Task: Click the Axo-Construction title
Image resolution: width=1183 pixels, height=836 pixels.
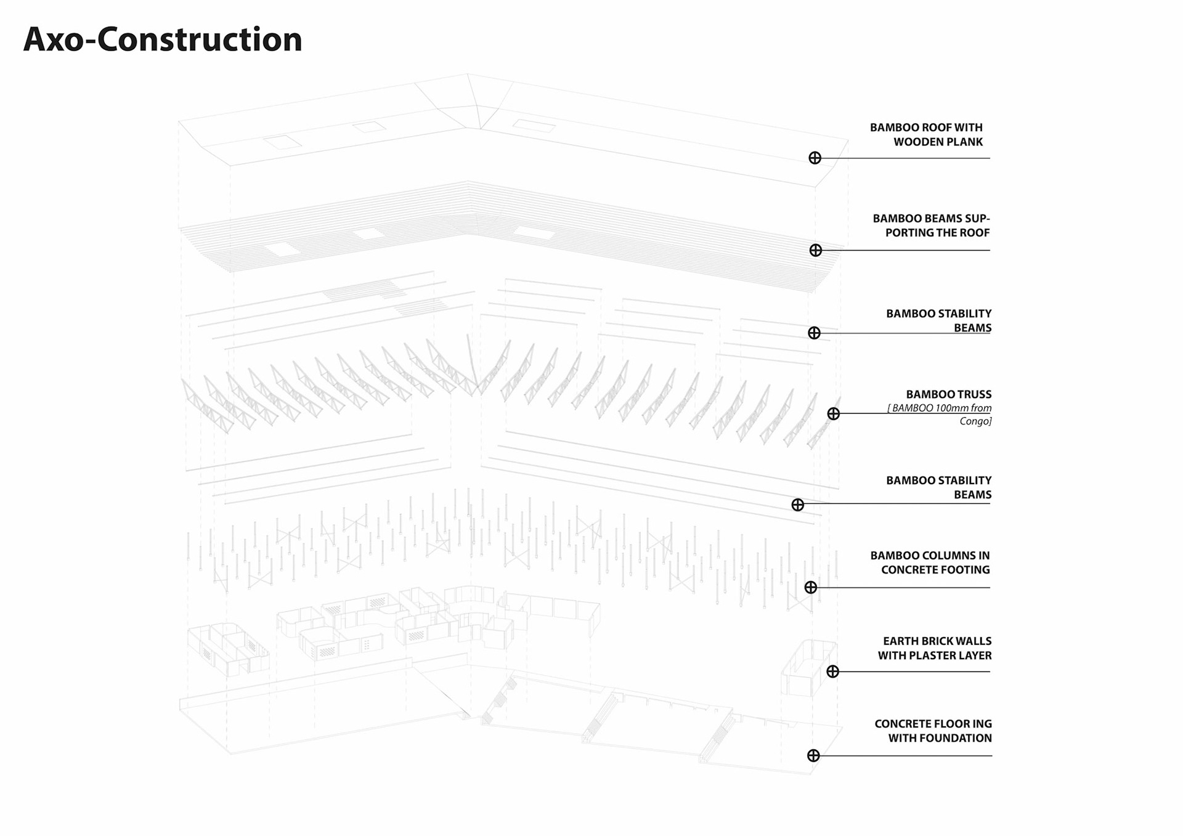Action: coord(163,39)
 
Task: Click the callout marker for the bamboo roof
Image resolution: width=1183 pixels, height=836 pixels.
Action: coord(815,158)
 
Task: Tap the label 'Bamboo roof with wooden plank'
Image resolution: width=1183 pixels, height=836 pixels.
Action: coord(927,134)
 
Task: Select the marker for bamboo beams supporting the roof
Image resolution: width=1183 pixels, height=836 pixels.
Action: coord(815,250)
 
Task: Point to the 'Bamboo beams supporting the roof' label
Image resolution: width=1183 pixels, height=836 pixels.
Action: coord(931,225)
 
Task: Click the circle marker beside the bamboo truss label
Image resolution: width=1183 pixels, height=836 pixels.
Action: coord(833,414)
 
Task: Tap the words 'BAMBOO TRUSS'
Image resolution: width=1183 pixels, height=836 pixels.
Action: coord(948,394)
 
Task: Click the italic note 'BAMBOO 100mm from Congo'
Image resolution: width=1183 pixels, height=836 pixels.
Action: coord(941,414)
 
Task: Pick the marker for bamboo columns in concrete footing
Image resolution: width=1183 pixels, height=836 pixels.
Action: coord(810,588)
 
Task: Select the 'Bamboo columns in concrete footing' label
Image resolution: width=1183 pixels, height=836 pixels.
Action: coord(930,562)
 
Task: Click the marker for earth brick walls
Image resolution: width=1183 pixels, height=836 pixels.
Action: coord(832,672)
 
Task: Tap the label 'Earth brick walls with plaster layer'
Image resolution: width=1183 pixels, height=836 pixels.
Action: coord(935,648)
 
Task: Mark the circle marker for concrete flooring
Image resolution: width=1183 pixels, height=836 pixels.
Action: coord(813,755)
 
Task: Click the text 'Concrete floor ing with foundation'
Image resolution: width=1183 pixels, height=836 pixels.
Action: coord(933,731)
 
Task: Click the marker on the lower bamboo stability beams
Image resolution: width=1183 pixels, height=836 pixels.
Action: coord(797,505)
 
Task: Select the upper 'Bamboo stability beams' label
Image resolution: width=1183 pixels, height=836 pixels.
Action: coord(939,320)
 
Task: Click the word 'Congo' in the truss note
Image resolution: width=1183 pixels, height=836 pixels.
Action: coord(975,421)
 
